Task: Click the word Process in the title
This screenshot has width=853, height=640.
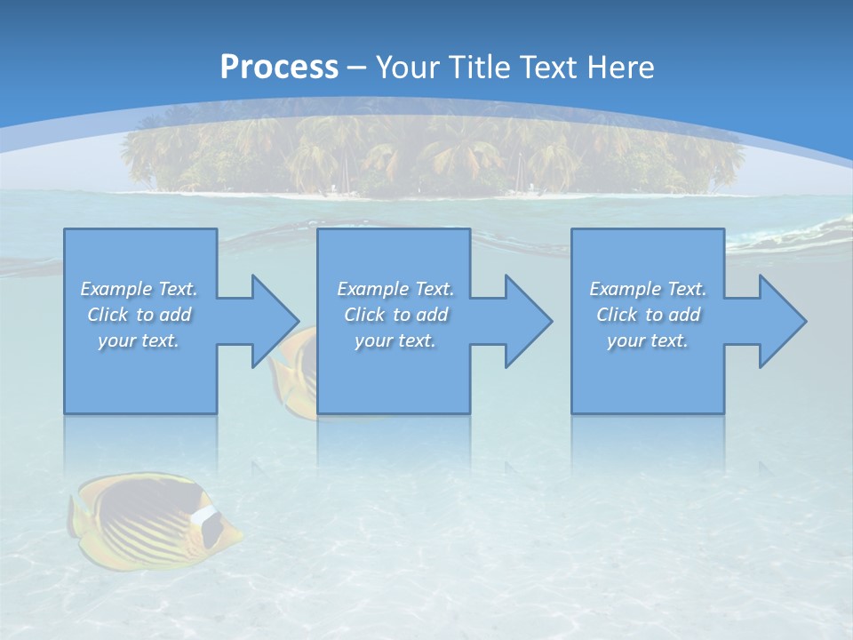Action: [x=279, y=67]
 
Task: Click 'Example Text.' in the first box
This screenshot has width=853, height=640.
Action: [x=139, y=289]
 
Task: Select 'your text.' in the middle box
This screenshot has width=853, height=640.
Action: [x=395, y=340]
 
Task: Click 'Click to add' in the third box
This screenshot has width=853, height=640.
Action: [x=648, y=315]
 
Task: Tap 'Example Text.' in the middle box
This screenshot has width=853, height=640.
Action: [x=395, y=289]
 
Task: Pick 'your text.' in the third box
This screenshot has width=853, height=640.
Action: [x=648, y=340]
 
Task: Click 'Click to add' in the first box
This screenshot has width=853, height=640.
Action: [x=139, y=315]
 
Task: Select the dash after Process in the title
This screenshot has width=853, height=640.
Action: [x=357, y=68]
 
